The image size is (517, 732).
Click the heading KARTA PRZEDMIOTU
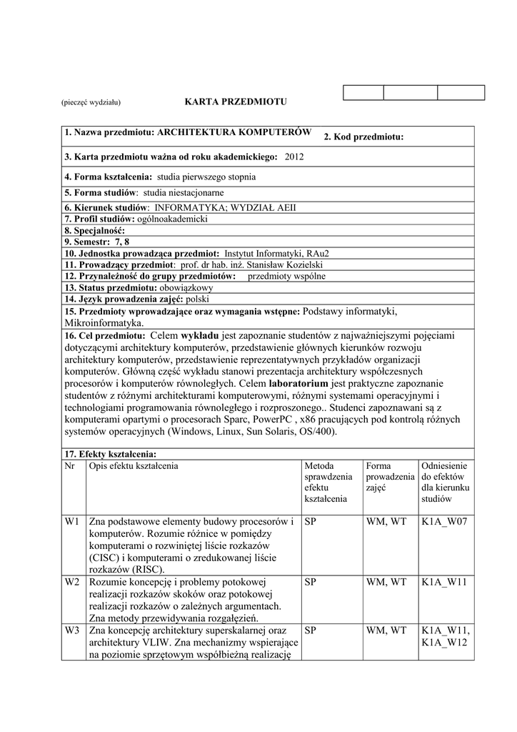pyautogui.click(x=236, y=102)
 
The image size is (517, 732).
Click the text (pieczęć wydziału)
pyautogui.click(x=91, y=103)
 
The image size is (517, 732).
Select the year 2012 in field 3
pyautogui.click(x=294, y=156)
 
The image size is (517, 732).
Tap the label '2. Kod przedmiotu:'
pyautogui.click(x=363, y=137)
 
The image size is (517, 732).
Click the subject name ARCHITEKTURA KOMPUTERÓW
pyautogui.click(x=234, y=132)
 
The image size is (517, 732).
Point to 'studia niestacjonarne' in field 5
pyautogui.click(x=184, y=192)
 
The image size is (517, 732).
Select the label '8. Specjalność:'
pyautogui.click(x=94, y=231)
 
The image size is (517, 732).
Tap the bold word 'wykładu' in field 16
pyautogui.click(x=201, y=335)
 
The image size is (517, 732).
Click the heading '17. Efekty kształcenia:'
pyautogui.click(x=110, y=454)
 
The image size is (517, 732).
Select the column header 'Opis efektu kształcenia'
pyautogui.click(x=134, y=465)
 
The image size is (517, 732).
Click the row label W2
pyautogui.click(x=72, y=582)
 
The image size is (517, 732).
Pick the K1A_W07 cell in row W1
pyautogui.click(x=444, y=522)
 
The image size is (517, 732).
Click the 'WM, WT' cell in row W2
pyautogui.click(x=386, y=582)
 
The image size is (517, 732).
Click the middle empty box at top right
pyautogui.click(x=410, y=92)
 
